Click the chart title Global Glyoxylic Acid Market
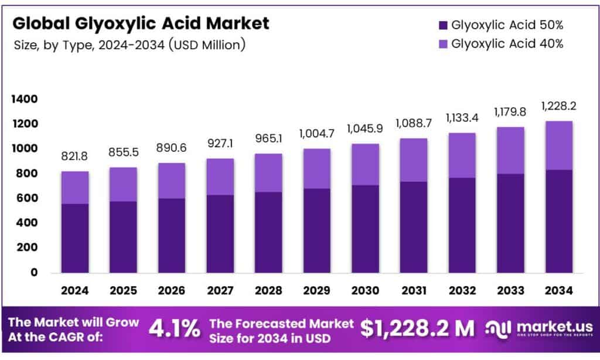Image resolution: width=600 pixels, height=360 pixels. coord(141,23)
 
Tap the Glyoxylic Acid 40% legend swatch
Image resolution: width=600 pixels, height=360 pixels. coord(442,44)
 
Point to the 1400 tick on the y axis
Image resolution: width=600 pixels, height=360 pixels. coord(24,99)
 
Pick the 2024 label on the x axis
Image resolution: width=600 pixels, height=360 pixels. coord(74,290)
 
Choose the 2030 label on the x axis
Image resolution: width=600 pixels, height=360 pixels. coord(366,290)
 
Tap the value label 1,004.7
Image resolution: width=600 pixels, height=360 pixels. coord(317,133)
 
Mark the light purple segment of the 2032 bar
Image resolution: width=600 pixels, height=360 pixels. coord(463,155)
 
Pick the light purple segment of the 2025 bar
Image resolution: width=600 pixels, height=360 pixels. coord(122,184)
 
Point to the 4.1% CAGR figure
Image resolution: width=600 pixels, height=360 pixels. coord(174,329)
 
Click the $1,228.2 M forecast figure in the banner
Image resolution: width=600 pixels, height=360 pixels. coord(417,329)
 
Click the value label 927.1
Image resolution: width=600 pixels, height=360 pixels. coord(220,144)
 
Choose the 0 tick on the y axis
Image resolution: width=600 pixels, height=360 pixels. coord(33,273)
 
